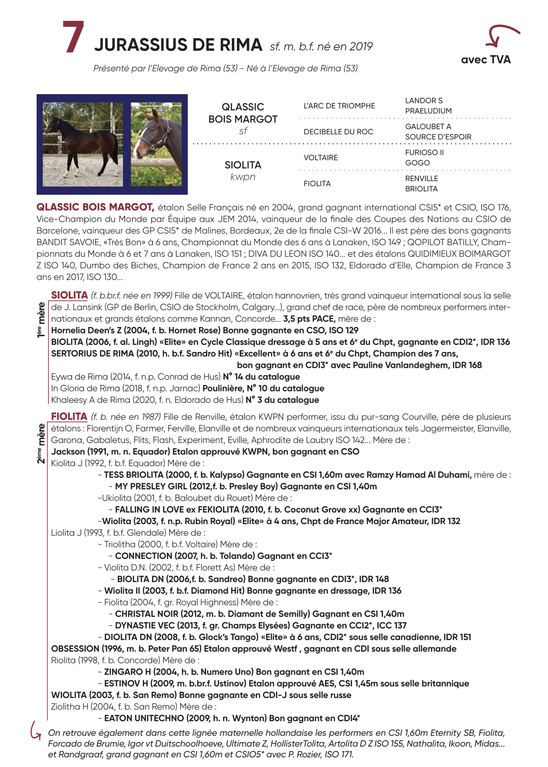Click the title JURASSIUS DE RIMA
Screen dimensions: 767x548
click(x=178, y=45)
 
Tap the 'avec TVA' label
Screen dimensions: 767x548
click(x=485, y=60)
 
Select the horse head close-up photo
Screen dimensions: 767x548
click(x=156, y=144)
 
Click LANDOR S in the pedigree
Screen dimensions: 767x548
click(x=424, y=101)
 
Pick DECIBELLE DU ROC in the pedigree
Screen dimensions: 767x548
click(x=338, y=132)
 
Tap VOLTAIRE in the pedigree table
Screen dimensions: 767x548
click(x=320, y=158)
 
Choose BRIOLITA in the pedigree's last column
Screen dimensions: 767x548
click(x=421, y=189)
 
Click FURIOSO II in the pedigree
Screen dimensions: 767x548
click(x=424, y=153)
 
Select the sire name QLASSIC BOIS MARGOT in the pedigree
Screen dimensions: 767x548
click(x=242, y=113)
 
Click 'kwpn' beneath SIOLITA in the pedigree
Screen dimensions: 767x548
click(x=242, y=177)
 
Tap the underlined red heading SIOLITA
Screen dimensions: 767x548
click(x=70, y=295)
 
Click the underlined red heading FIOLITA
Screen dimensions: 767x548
click(x=69, y=416)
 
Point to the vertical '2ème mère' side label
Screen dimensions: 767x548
click(x=41, y=443)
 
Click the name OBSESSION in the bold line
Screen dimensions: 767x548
click(x=75, y=649)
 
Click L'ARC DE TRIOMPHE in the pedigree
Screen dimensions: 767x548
click(x=339, y=106)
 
